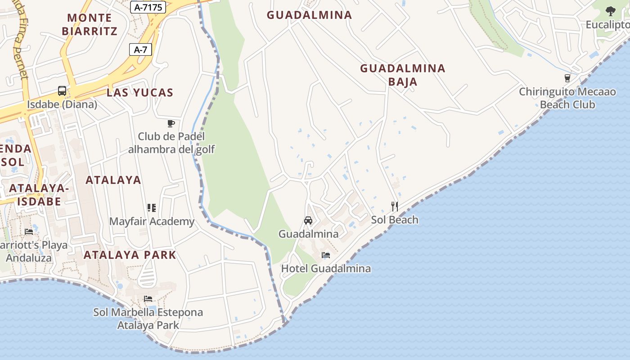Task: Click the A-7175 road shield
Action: click(148, 7)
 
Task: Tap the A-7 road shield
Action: click(140, 49)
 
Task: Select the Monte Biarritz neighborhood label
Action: click(90, 24)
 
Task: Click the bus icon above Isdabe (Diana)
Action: click(62, 91)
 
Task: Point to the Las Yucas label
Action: click(140, 93)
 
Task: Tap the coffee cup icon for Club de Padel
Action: click(171, 123)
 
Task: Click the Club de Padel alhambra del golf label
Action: click(171, 143)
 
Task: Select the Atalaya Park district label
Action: click(130, 255)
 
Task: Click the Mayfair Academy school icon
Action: click(152, 208)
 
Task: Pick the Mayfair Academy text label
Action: click(152, 221)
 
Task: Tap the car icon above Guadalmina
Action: click(308, 220)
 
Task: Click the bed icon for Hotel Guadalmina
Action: click(326, 255)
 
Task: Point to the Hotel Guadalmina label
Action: click(326, 269)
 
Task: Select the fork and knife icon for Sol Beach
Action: click(395, 207)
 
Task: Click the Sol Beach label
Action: click(395, 220)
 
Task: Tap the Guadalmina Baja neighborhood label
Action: click(402, 75)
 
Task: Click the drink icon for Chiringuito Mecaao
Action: click(567, 78)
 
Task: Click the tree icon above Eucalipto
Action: click(610, 11)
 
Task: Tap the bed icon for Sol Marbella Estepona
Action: click(148, 299)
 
